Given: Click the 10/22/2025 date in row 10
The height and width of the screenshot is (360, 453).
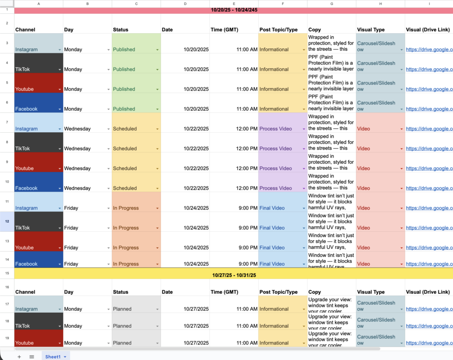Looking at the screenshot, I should (196, 188).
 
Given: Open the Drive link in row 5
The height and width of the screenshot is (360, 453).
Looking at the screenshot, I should (429, 89).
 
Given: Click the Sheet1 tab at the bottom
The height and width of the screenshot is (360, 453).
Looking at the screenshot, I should (53, 356).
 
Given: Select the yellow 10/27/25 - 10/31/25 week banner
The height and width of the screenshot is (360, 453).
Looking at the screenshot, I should (234, 275).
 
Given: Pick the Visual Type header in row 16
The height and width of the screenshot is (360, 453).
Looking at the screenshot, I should (371, 292).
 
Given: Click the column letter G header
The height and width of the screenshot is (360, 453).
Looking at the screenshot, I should (332, 4).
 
